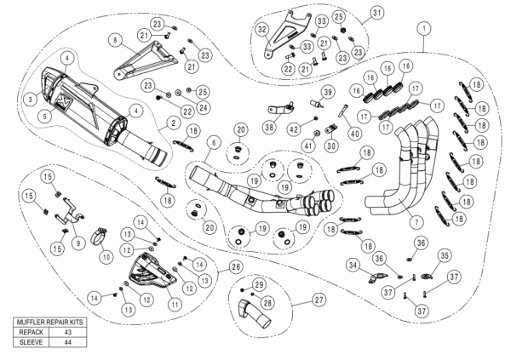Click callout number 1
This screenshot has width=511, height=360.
pyautogui.click(x=422, y=28)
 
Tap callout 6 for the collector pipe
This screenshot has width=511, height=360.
pyautogui.click(x=214, y=141)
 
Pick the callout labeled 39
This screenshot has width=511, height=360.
pyautogui.click(x=326, y=91)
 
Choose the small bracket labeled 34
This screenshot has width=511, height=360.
pyautogui.click(x=373, y=276)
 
